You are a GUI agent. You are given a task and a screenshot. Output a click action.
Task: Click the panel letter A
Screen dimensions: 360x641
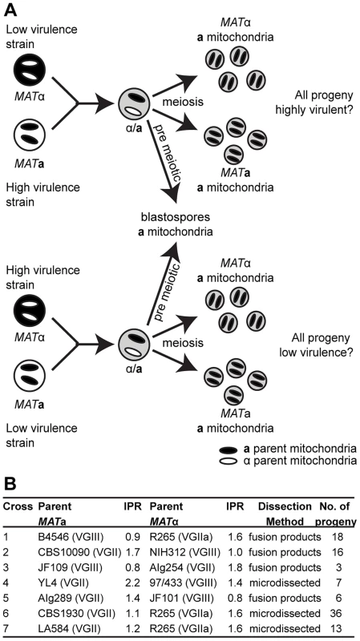pyautogui.click(x=10, y=10)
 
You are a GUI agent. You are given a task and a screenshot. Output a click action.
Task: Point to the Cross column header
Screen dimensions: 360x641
pyautogui.click(x=17, y=506)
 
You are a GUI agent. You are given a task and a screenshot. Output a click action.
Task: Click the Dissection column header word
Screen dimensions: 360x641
pyautogui.click(x=285, y=506)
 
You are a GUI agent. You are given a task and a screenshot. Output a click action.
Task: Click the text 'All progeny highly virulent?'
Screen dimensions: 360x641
pyautogui.click(x=323, y=103)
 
